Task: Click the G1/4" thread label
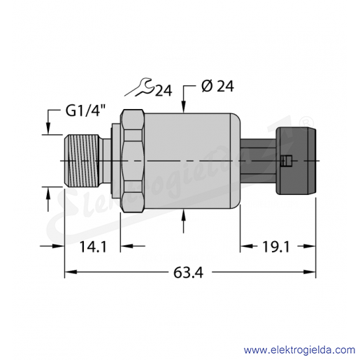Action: [86, 110]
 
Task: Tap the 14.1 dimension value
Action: [93, 247]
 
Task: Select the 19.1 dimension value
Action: [276, 247]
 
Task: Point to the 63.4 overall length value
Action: [188, 272]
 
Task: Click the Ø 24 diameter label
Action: [217, 86]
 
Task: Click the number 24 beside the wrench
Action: [164, 91]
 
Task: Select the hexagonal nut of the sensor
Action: [132, 161]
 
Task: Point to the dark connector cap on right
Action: [296, 161]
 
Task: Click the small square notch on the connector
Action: [286, 161]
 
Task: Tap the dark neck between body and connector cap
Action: [258, 161]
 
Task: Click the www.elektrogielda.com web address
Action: [299, 350]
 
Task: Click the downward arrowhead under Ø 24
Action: [184, 108]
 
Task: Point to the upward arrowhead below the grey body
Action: [184, 214]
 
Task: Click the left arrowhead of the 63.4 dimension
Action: [71, 272]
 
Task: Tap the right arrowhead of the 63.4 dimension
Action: [310, 272]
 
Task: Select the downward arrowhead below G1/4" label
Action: [48, 129]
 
